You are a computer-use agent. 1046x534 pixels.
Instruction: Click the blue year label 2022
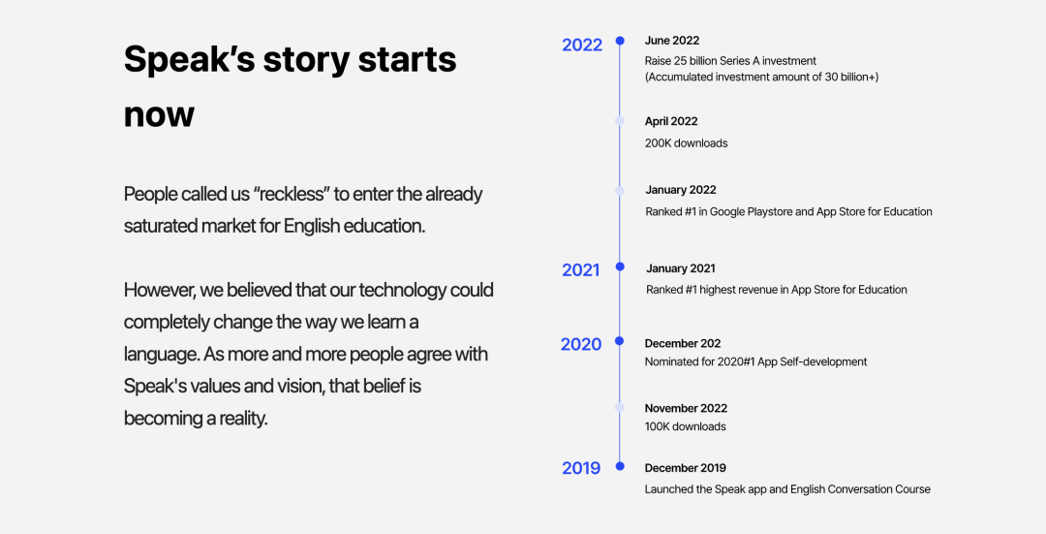click(582, 45)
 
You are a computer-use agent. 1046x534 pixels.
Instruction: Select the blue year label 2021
click(580, 269)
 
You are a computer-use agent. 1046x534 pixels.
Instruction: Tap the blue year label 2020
click(581, 344)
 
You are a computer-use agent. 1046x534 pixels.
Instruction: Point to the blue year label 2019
click(581, 468)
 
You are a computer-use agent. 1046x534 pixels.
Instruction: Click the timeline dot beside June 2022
click(620, 41)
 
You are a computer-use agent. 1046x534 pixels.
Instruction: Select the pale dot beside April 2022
click(620, 121)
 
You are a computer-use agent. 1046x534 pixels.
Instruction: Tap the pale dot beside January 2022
click(620, 191)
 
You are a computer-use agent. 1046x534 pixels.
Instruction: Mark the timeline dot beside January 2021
click(620, 267)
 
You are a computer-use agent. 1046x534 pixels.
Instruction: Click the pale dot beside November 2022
click(620, 407)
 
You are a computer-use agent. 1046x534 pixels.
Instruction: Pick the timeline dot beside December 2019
click(620, 466)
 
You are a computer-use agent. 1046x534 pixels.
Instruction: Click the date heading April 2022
click(671, 121)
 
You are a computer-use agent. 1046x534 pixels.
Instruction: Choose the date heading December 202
click(683, 344)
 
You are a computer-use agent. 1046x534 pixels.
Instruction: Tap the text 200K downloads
click(686, 143)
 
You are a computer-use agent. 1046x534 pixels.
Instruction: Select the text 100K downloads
click(685, 426)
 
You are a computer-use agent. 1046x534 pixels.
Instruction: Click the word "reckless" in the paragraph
click(292, 194)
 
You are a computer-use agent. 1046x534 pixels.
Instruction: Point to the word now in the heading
click(159, 114)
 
